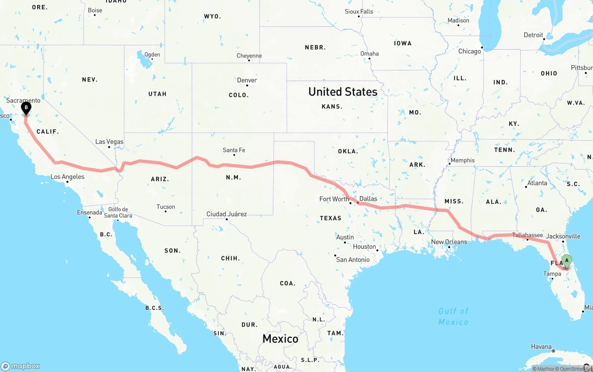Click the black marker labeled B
26,108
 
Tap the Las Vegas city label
109,142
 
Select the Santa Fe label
234,150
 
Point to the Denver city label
247,80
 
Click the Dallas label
368,199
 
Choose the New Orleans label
449,242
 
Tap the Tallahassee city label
527,235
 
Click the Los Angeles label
68,177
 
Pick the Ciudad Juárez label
227,214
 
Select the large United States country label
343,92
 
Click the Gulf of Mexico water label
454,316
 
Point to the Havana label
541,347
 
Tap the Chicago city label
470,51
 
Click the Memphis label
462,160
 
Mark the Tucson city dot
166,212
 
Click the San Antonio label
353,259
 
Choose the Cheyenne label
249,56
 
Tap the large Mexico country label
280,339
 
